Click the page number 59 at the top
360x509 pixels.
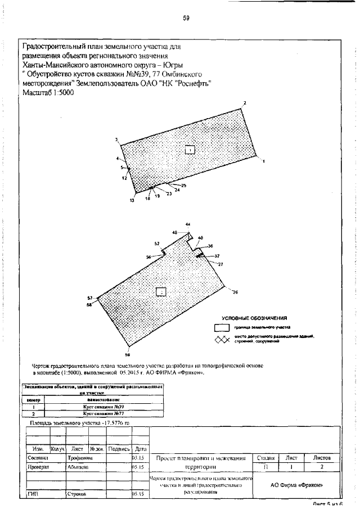186,17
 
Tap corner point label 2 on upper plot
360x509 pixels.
245,103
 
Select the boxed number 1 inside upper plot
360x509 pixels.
191,150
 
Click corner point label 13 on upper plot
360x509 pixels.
132,200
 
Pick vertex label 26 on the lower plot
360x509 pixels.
235,291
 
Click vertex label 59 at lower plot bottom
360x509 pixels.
127,354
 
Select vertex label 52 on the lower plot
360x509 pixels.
157,244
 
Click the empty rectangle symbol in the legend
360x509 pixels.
222,327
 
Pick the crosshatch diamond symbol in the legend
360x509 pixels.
222,339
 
